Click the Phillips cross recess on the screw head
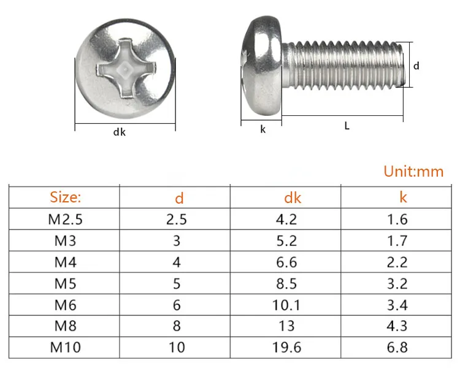125,69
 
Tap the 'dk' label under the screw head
120,132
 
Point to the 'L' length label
347,126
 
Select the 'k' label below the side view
263,129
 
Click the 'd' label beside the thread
416,66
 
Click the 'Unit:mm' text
413,172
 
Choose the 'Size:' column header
65,197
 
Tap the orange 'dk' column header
293,197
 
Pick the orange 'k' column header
403,197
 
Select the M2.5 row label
65,220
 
